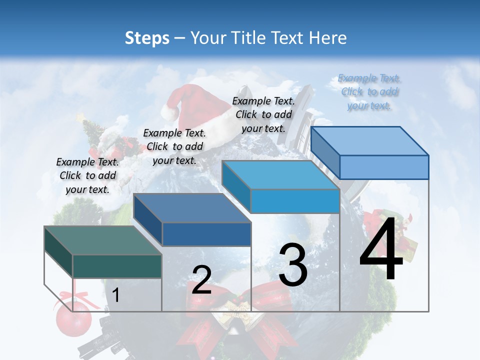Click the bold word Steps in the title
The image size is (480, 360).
[147, 38]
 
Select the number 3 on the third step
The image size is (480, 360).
[293, 265]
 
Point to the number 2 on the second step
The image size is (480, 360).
[202, 280]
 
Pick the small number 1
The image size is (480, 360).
[116, 295]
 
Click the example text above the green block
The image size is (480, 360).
[88, 175]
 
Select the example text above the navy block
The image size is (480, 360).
[174, 146]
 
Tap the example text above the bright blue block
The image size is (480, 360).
[263, 114]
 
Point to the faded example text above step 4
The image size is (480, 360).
[369, 92]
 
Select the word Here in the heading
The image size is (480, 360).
[329, 38]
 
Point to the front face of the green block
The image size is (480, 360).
[117, 266]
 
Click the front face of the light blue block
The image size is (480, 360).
[384, 167]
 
